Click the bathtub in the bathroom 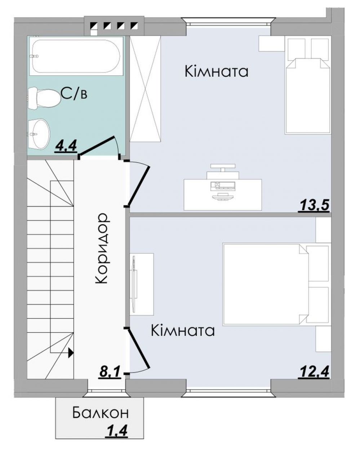click(76, 56)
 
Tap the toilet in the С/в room click(44, 98)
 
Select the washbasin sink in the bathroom click(39, 134)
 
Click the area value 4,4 click(66, 147)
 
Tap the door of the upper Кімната click(138, 185)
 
